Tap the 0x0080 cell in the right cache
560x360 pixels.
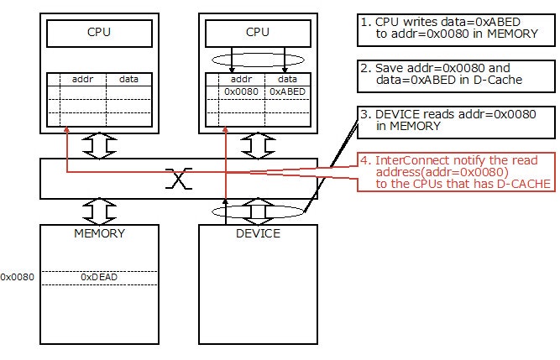(x=240, y=91)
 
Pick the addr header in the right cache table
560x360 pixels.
(x=240, y=78)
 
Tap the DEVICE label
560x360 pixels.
(x=257, y=232)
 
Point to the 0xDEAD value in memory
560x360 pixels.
(x=97, y=276)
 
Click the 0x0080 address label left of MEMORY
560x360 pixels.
(x=17, y=276)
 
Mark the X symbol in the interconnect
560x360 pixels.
(x=176, y=178)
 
